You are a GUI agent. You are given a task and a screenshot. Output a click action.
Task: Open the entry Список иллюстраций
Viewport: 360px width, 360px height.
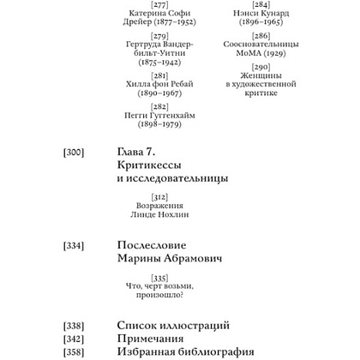[x=171, y=327]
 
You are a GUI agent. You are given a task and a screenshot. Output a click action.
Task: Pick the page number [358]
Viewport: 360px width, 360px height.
[x=75, y=354]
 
